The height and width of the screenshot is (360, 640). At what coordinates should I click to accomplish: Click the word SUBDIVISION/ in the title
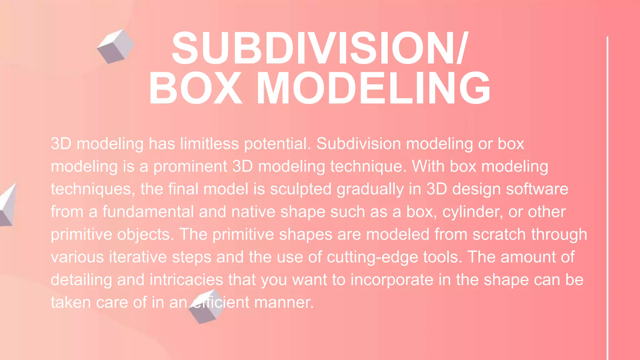pyautogui.click(x=319, y=48)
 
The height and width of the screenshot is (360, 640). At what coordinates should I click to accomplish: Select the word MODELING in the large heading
pyautogui.click(x=373, y=88)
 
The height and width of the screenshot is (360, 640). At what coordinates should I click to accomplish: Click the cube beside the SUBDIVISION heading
pyautogui.click(x=115, y=47)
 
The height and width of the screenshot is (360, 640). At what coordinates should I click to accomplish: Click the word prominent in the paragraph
pyautogui.click(x=190, y=166)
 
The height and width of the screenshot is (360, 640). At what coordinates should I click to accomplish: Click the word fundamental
pyautogui.click(x=148, y=212)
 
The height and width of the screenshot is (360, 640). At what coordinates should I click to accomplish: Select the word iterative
pyautogui.click(x=138, y=257)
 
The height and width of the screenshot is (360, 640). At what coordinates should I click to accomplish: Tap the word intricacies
pyautogui.click(x=186, y=280)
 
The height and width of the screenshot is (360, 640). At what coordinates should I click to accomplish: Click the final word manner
pyautogui.click(x=284, y=302)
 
